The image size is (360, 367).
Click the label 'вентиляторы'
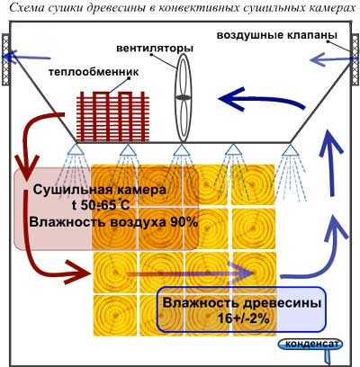point(155,49)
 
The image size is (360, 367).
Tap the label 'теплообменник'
point(94,72)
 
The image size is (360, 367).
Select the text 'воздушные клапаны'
point(277,35)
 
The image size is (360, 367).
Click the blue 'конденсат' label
point(310,344)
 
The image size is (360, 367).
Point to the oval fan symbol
point(183,97)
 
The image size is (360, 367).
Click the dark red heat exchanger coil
point(112,116)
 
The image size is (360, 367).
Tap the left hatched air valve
point(5,59)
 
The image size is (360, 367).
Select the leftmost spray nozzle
point(75,149)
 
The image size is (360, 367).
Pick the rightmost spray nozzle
point(289,150)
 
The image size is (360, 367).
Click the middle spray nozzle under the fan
point(180,150)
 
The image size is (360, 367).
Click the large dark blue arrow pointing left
point(262,100)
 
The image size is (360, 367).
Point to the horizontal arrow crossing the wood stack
point(189,273)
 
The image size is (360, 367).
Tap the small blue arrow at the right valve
point(330,59)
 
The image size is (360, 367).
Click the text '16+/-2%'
point(244,318)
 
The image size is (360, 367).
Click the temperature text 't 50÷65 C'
point(101,205)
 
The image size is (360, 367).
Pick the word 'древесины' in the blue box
point(281,303)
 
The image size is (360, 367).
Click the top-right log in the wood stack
point(253,184)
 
